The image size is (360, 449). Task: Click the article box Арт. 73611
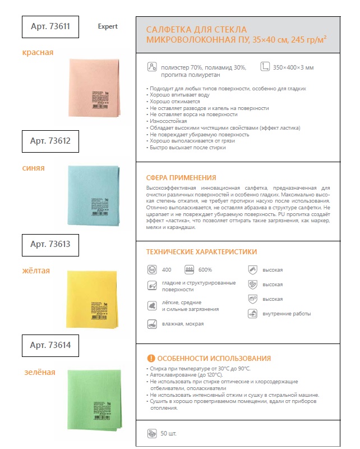pos(50,26)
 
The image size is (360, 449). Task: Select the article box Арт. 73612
pos(50,141)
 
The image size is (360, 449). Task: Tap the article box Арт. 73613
pos(50,244)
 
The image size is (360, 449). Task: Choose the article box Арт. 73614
pos(50,345)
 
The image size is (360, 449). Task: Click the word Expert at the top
pos(108,26)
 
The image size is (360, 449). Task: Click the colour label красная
pos(38,52)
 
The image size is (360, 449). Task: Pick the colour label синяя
pos(34,167)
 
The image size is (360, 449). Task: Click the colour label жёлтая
pos(36,271)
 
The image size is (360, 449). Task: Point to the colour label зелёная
pos(39,372)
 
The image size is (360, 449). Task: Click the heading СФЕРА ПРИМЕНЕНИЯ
pos(181,177)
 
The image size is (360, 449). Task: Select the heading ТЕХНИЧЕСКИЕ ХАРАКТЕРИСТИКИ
pos(201,252)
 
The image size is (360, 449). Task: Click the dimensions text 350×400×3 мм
pos(294,67)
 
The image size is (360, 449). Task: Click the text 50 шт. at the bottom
pos(168,434)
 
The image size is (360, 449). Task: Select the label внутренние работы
pos(287,314)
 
